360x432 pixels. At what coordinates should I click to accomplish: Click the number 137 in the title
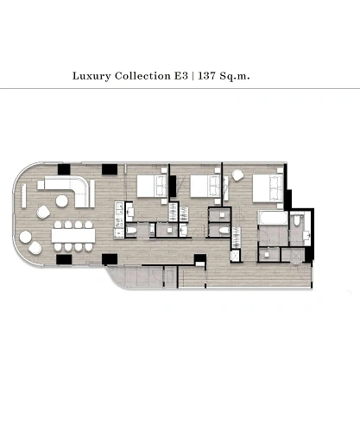point(206,76)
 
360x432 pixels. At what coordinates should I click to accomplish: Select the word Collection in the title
point(142,76)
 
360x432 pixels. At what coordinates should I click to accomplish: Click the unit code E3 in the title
point(180,76)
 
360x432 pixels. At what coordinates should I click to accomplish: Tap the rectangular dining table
point(73,236)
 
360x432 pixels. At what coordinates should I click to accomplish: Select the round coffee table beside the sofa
point(62,201)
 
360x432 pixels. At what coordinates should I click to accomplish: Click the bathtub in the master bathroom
point(272,218)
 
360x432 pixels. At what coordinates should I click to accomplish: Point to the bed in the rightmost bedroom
point(268,188)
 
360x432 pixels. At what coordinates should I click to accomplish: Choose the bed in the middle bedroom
point(205,187)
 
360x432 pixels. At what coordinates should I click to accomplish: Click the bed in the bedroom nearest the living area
point(152,186)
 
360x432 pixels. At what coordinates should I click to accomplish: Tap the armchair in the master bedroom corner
point(237,175)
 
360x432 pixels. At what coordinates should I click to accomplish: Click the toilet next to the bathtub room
point(297,220)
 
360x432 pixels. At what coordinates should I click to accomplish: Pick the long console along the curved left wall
point(23,196)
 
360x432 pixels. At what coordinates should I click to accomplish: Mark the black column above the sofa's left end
point(64,169)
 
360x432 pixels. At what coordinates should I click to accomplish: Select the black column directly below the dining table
point(64,260)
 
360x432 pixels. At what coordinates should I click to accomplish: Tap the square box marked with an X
point(235,256)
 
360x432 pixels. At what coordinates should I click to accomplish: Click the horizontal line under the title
point(180,89)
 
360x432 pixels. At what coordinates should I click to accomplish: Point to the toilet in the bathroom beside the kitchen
point(132,230)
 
